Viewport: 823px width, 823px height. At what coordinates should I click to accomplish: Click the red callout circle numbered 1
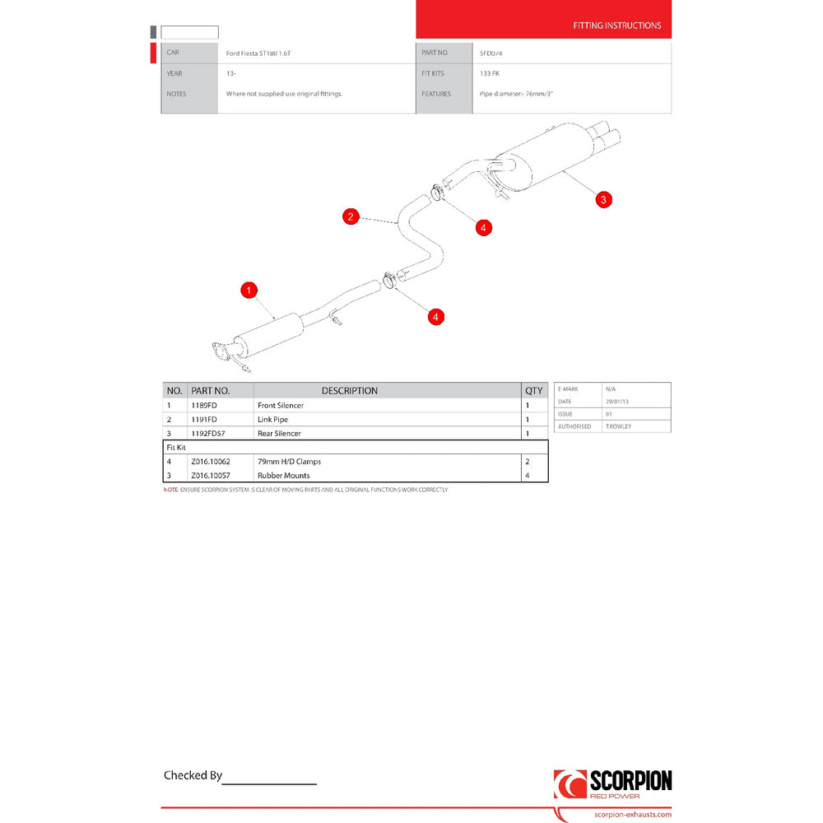[x=249, y=290]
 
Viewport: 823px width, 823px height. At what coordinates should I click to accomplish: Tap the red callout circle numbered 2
[x=351, y=216]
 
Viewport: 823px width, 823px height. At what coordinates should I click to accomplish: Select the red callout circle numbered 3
[x=603, y=199]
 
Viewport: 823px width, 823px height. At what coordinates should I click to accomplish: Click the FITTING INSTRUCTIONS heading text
[x=616, y=26]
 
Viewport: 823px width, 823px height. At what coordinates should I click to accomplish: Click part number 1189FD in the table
[x=203, y=406]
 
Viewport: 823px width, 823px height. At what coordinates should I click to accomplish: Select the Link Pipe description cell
[x=272, y=420]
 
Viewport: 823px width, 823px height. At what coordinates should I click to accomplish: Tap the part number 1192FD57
[x=207, y=434]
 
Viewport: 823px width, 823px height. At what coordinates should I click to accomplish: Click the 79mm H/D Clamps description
[x=289, y=462]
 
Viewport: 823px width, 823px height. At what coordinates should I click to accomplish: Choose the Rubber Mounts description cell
[x=283, y=476]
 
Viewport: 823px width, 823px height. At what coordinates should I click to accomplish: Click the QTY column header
[x=534, y=391]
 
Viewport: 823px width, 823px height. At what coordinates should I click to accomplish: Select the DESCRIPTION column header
[x=349, y=391]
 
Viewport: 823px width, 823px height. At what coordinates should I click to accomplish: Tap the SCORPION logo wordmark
[x=630, y=781]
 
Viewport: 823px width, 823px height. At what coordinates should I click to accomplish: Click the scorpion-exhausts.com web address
[x=632, y=815]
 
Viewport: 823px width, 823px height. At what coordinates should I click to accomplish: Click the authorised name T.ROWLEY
[x=619, y=426]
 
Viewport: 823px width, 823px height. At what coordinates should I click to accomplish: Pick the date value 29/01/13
[x=616, y=401]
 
